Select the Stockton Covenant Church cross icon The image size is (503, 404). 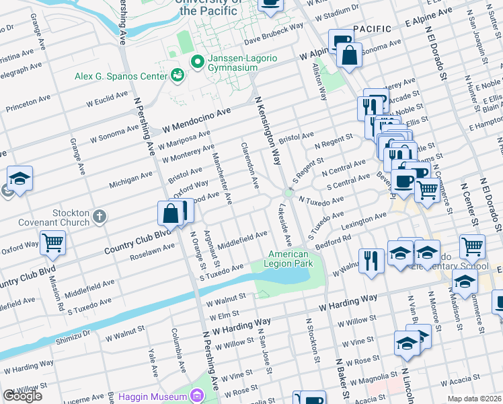[x=100, y=216]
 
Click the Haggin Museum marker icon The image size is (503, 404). [x=196, y=394]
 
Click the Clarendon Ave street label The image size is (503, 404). [x=248, y=165]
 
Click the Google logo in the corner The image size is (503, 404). [x=22, y=396]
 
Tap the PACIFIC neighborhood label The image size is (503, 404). [x=372, y=28]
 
